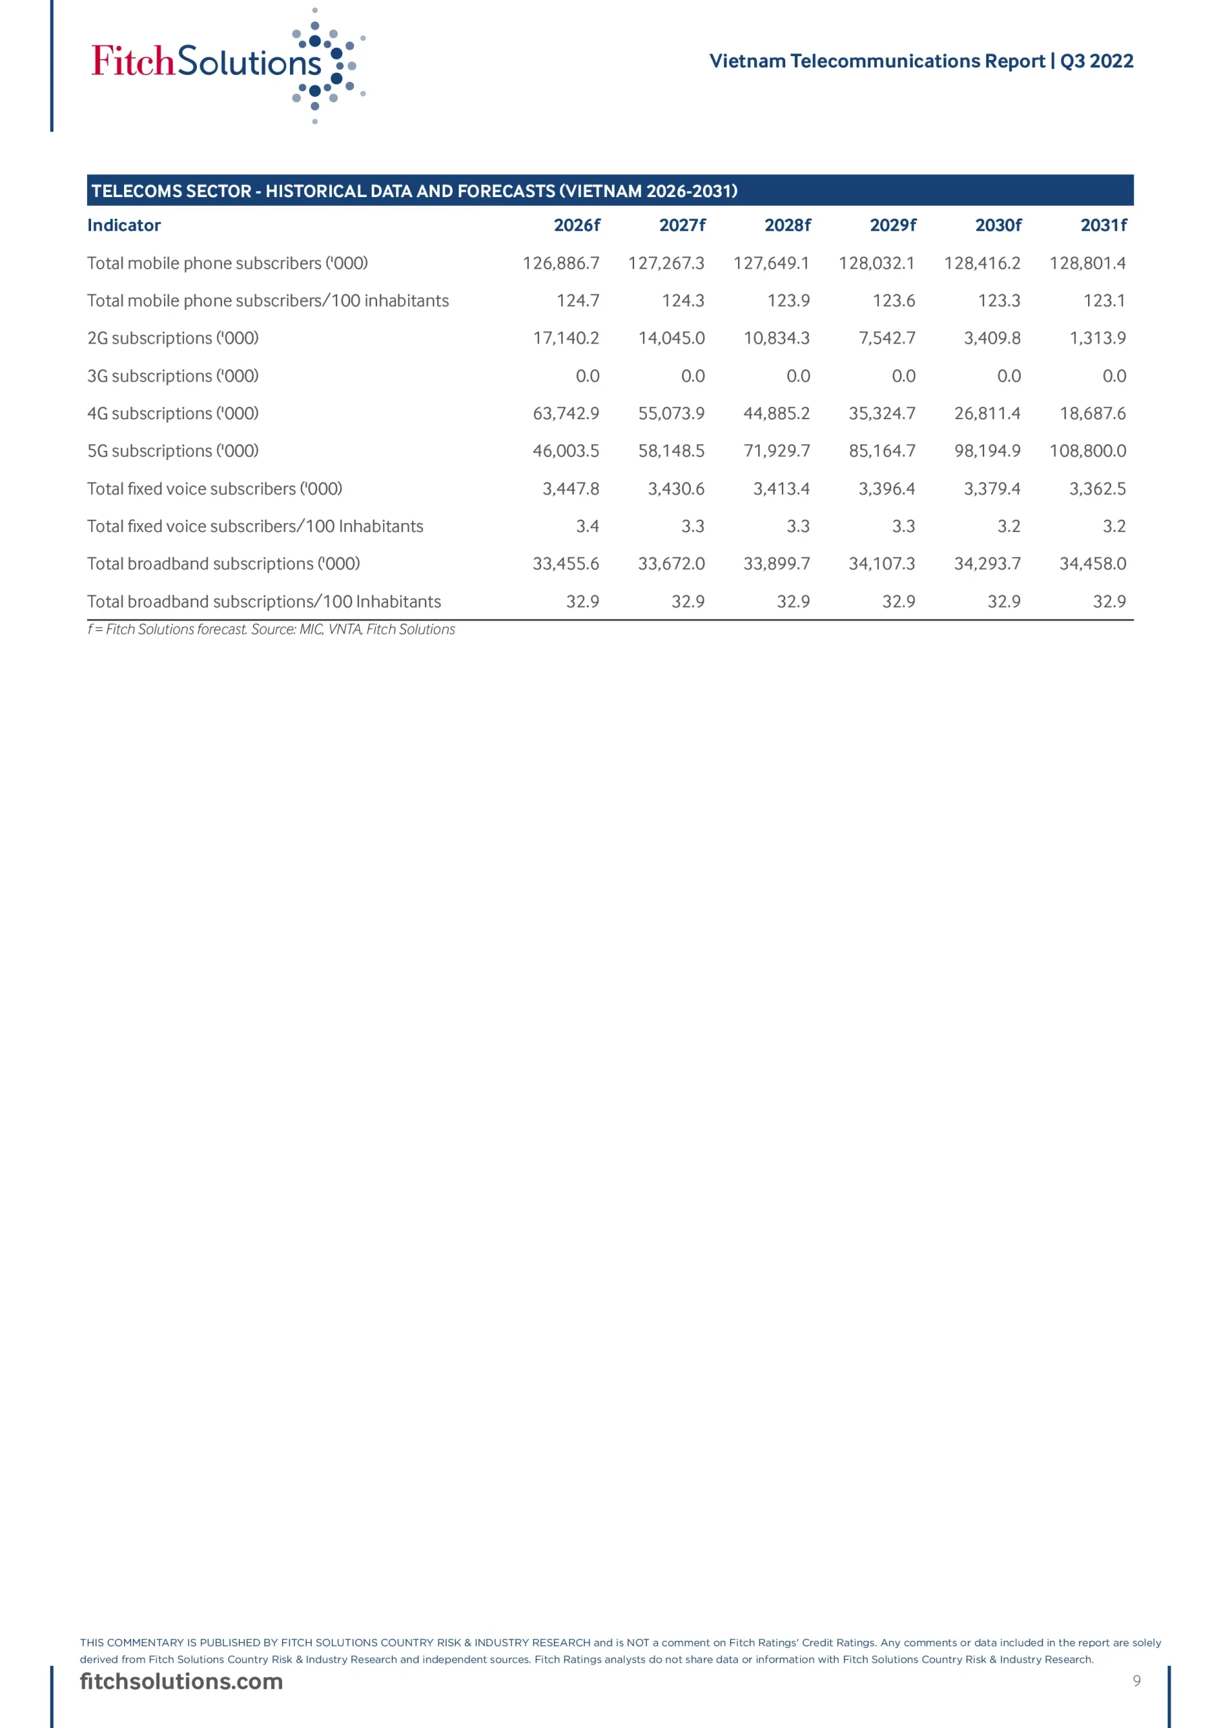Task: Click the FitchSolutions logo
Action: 226,63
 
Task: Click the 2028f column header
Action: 787,225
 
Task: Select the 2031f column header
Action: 1103,225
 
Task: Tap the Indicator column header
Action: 124,225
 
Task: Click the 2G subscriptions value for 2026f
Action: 566,338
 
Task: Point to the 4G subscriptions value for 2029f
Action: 882,413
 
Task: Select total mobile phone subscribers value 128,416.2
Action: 982,263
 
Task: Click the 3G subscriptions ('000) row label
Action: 173,375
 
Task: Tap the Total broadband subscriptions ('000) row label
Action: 223,564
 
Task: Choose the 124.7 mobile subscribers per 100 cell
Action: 577,300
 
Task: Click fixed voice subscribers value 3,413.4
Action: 781,489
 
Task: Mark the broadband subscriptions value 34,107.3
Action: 882,564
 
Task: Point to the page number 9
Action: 1136,1681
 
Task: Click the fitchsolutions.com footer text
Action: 181,1681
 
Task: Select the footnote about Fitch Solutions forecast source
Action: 271,629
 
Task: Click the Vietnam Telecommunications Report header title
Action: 921,61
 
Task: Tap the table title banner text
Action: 414,191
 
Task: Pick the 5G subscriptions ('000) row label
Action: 173,451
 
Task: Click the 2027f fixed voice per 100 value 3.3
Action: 692,526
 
